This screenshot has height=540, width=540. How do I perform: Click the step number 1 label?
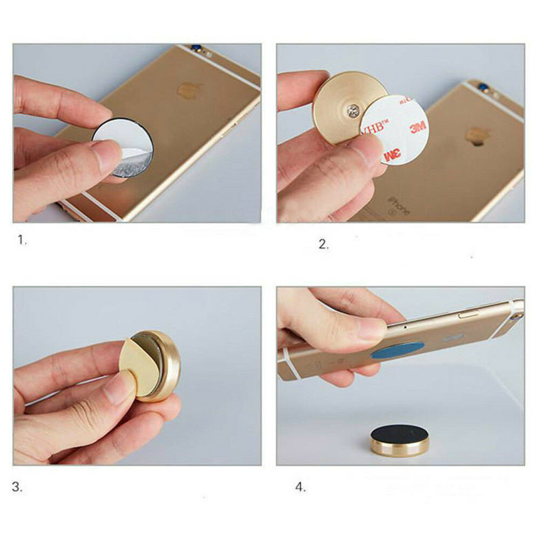point(22,240)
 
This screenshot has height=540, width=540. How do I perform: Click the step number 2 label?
point(323,244)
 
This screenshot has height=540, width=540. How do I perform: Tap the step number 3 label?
point(18,487)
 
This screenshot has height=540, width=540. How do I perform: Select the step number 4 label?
point(300,487)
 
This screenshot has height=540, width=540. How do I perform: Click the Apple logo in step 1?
point(187,89)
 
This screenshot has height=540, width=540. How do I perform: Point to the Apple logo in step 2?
point(477,135)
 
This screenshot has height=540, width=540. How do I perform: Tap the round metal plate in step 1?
point(123,148)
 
